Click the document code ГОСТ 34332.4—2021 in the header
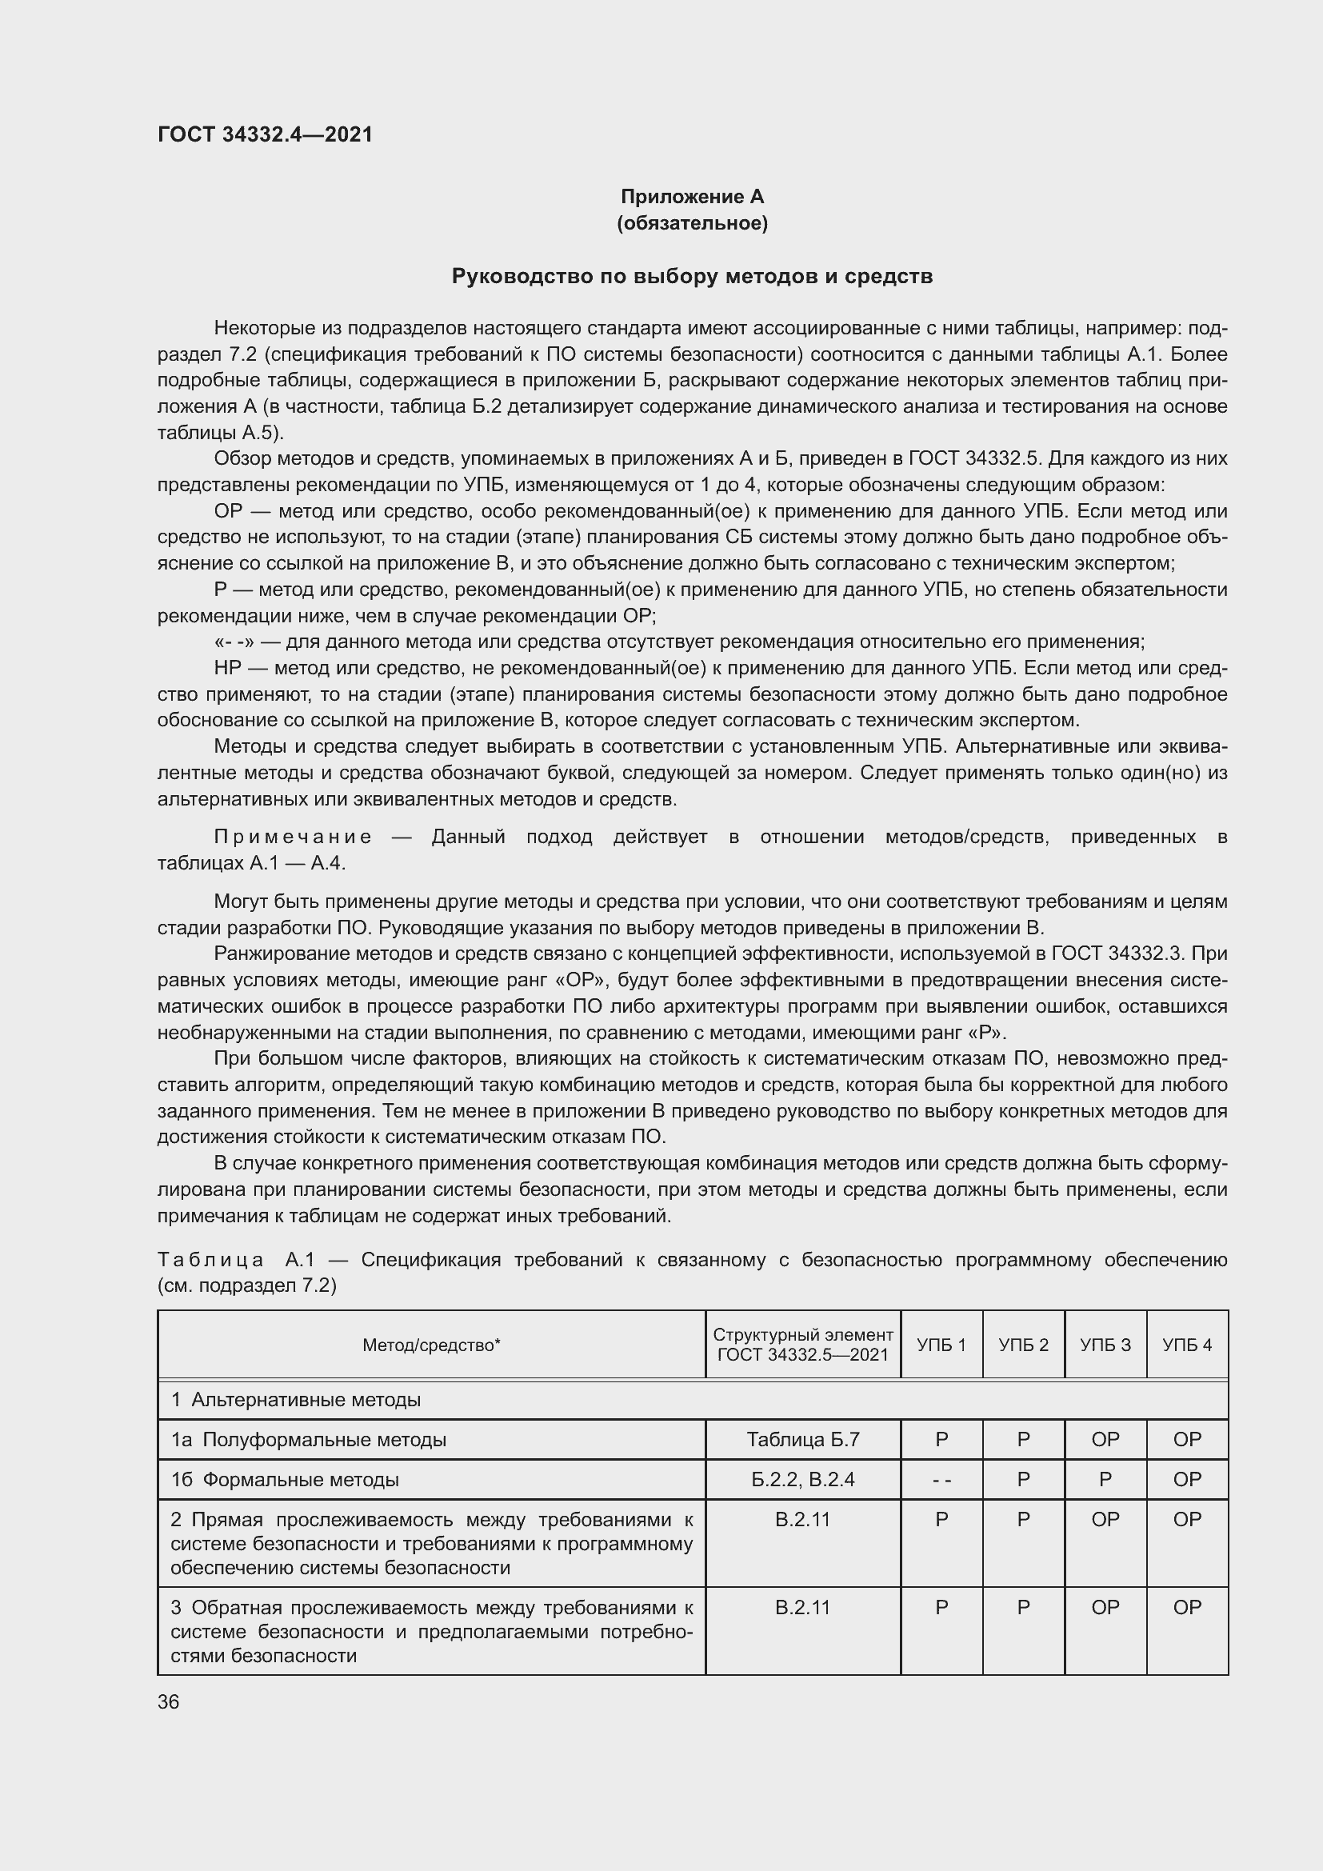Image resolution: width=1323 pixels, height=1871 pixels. [265, 134]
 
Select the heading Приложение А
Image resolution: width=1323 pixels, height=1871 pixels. [692, 197]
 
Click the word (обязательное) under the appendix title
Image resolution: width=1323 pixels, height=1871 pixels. [692, 223]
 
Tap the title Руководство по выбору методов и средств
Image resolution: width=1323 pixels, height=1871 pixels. [692, 276]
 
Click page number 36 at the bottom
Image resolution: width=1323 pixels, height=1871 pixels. [169, 1702]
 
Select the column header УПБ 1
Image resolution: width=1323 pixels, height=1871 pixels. [941, 1345]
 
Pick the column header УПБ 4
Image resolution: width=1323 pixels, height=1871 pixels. [1187, 1345]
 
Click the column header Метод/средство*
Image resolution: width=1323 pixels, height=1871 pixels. [431, 1345]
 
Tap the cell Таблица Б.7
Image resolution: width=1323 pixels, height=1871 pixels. [802, 1439]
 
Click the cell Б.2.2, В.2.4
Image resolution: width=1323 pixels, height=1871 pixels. [802, 1479]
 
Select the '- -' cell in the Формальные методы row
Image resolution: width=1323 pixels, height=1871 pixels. [941, 1479]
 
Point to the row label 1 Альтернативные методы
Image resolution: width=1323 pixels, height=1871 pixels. [296, 1400]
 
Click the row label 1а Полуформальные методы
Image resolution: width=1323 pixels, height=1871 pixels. [309, 1439]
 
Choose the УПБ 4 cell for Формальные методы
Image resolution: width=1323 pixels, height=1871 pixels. [1187, 1479]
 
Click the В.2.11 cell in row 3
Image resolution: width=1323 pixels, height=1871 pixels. [802, 1607]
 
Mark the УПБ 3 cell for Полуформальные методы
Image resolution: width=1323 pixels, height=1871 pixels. [1105, 1439]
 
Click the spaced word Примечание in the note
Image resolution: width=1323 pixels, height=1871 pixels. [294, 837]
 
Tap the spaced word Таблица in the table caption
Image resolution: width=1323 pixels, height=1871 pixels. [211, 1260]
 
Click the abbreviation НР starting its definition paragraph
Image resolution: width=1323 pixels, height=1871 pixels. [228, 668]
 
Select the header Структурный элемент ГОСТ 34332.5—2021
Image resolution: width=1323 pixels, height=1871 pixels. [802, 1345]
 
